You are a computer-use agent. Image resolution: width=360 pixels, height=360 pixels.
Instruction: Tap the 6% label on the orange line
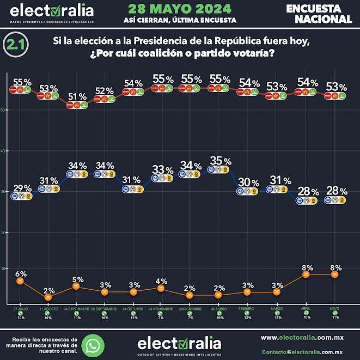tap(21, 273)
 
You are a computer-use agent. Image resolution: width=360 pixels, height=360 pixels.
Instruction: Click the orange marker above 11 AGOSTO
tap(48, 297)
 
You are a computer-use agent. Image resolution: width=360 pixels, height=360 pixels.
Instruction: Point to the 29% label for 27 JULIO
tap(22, 188)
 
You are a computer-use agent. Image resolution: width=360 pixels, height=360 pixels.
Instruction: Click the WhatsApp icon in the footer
tap(96, 344)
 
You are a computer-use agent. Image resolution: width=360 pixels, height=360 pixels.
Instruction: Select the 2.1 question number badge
tap(16, 46)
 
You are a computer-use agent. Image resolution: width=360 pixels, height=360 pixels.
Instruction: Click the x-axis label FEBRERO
tap(248, 308)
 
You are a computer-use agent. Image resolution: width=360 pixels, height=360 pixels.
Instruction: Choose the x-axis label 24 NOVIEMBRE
tap(161, 308)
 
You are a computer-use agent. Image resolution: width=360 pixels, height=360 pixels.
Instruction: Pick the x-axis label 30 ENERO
tap(219, 308)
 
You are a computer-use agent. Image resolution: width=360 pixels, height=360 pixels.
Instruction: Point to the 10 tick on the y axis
tap(4, 268)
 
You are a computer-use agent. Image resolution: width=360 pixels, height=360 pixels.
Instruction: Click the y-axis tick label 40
tap(4, 151)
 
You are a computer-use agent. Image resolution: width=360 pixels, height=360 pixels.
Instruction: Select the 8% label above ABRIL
tap(306, 267)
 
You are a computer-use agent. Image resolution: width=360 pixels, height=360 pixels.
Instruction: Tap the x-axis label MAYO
tap(335, 308)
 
